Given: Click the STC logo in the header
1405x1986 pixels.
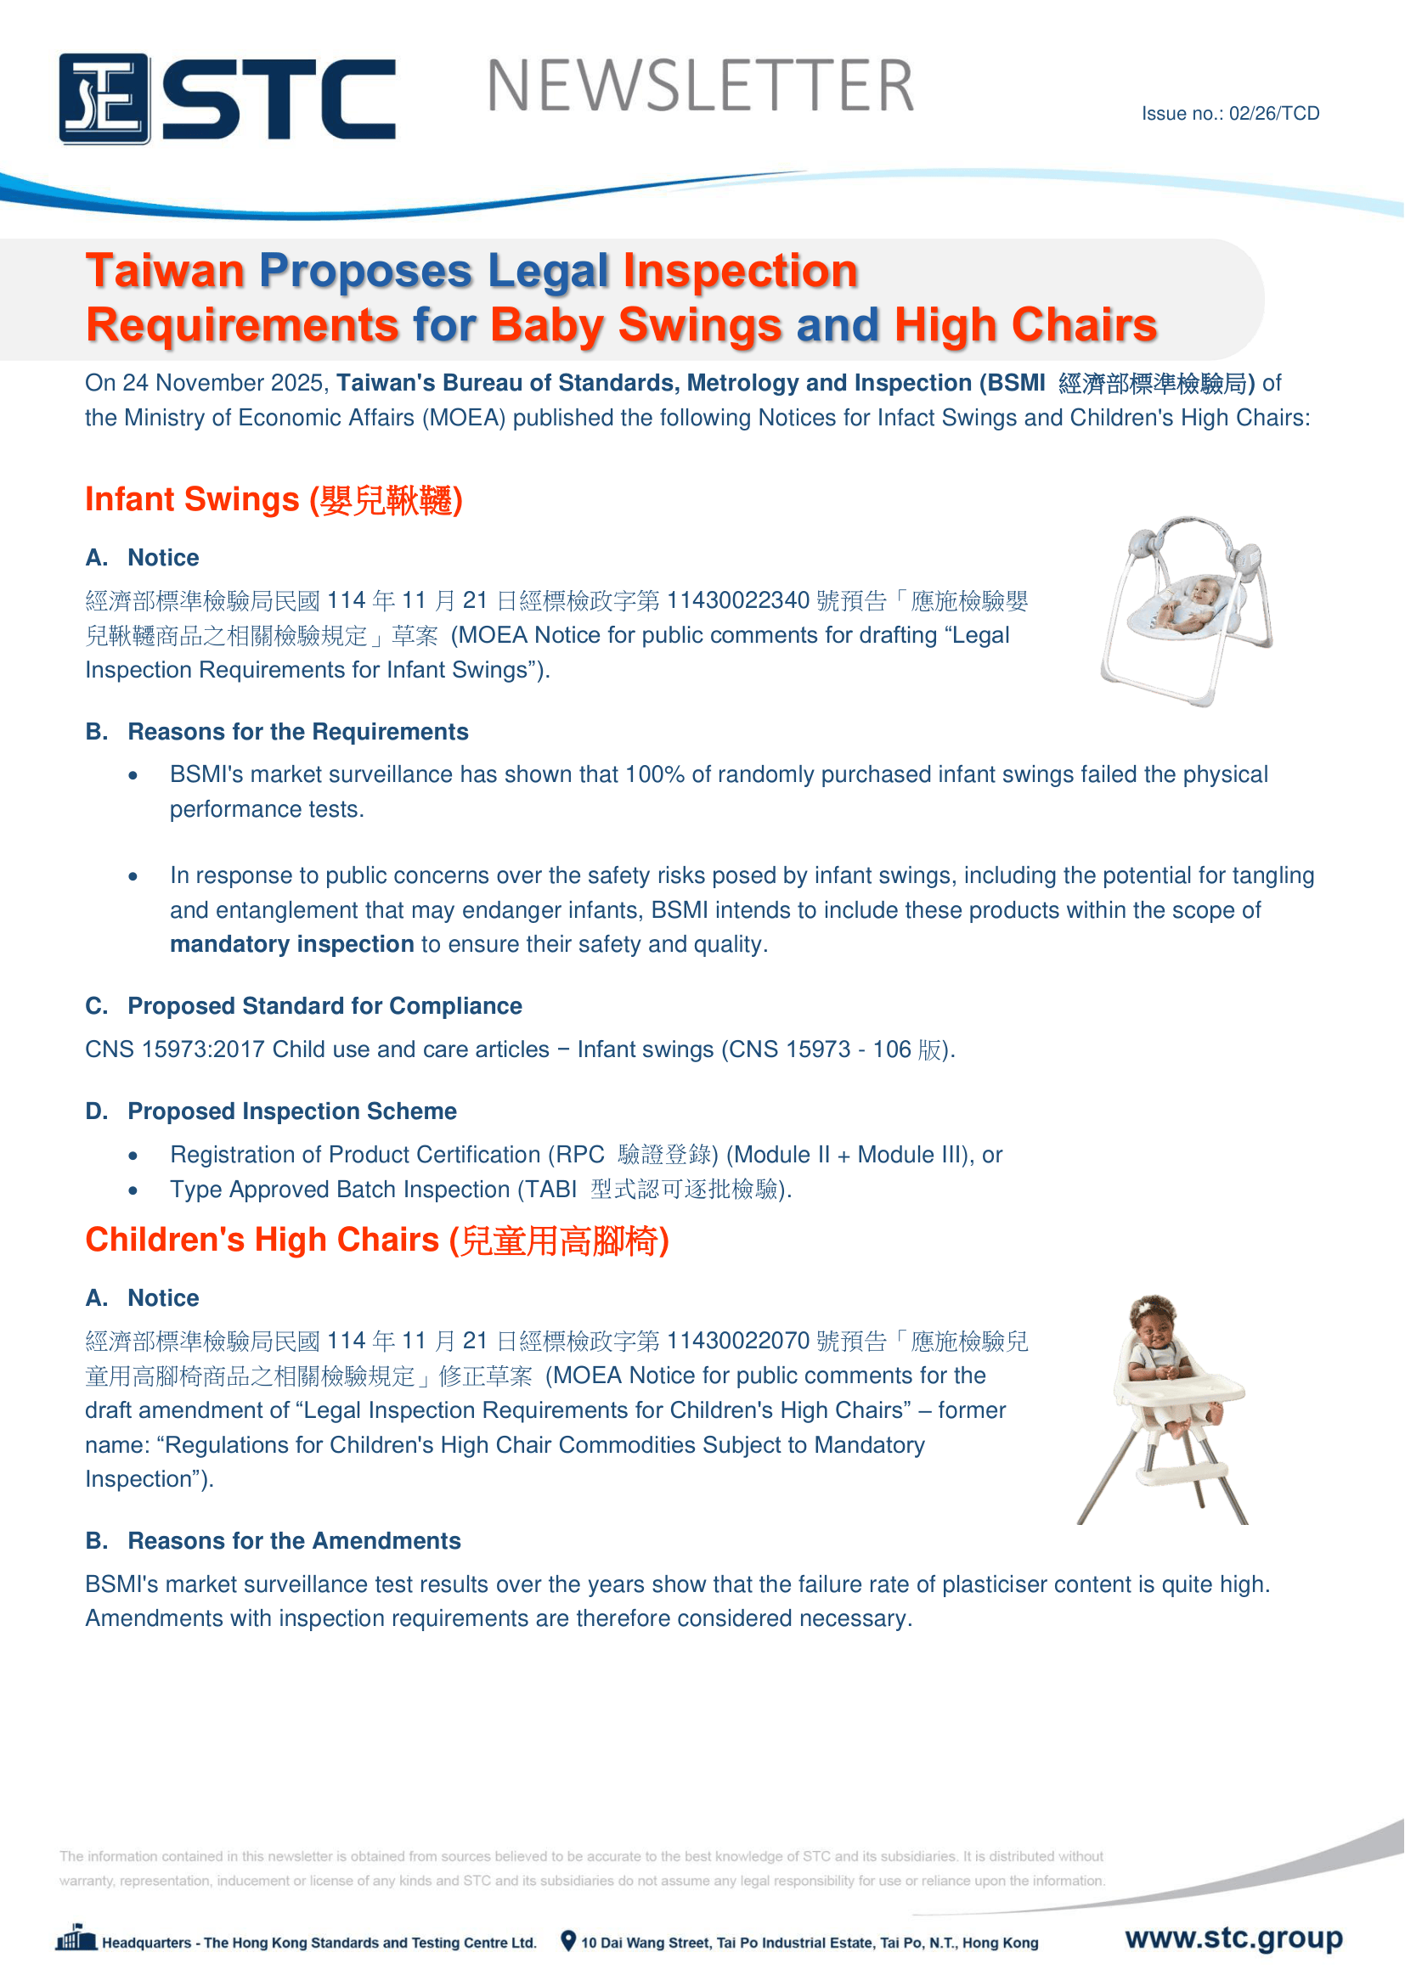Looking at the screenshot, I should pyautogui.click(x=227, y=98).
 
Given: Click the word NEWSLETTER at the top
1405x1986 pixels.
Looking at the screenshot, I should pyautogui.click(x=700, y=87).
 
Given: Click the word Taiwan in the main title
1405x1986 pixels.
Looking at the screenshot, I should pyautogui.click(x=166, y=271).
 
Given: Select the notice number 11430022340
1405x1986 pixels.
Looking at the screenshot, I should pyautogui.click(x=738, y=600).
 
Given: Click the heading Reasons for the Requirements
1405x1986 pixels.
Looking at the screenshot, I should pyautogui.click(x=297, y=732).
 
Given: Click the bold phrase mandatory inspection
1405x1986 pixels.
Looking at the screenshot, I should pyautogui.click(x=291, y=943).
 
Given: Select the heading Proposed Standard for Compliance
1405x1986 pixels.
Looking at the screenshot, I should pyautogui.click(x=324, y=1006).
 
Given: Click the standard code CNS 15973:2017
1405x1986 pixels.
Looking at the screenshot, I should pyautogui.click(x=175, y=1049).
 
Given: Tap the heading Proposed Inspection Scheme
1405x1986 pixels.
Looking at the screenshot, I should pyautogui.click(x=291, y=1111).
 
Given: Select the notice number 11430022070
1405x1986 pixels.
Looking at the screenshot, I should pyautogui.click(x=738, y=1341).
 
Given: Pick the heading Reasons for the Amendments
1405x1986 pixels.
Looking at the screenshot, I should pyautogui.click(x=293, y=1540).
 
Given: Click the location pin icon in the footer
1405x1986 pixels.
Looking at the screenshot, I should pyautogui.click(x=567, y=1941).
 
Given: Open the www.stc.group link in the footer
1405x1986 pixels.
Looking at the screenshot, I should pyautogui.click(x=1233, y=1938).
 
